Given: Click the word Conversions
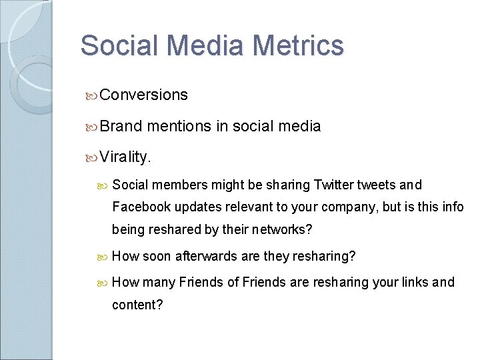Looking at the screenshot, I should (144, 95).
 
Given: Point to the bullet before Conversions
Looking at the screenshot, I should (92, 95).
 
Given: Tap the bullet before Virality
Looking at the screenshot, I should (92, 158).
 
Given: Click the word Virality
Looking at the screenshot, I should (125, 157).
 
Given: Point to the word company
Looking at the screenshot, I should (356, 207).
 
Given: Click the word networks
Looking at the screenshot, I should (281, 229).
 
